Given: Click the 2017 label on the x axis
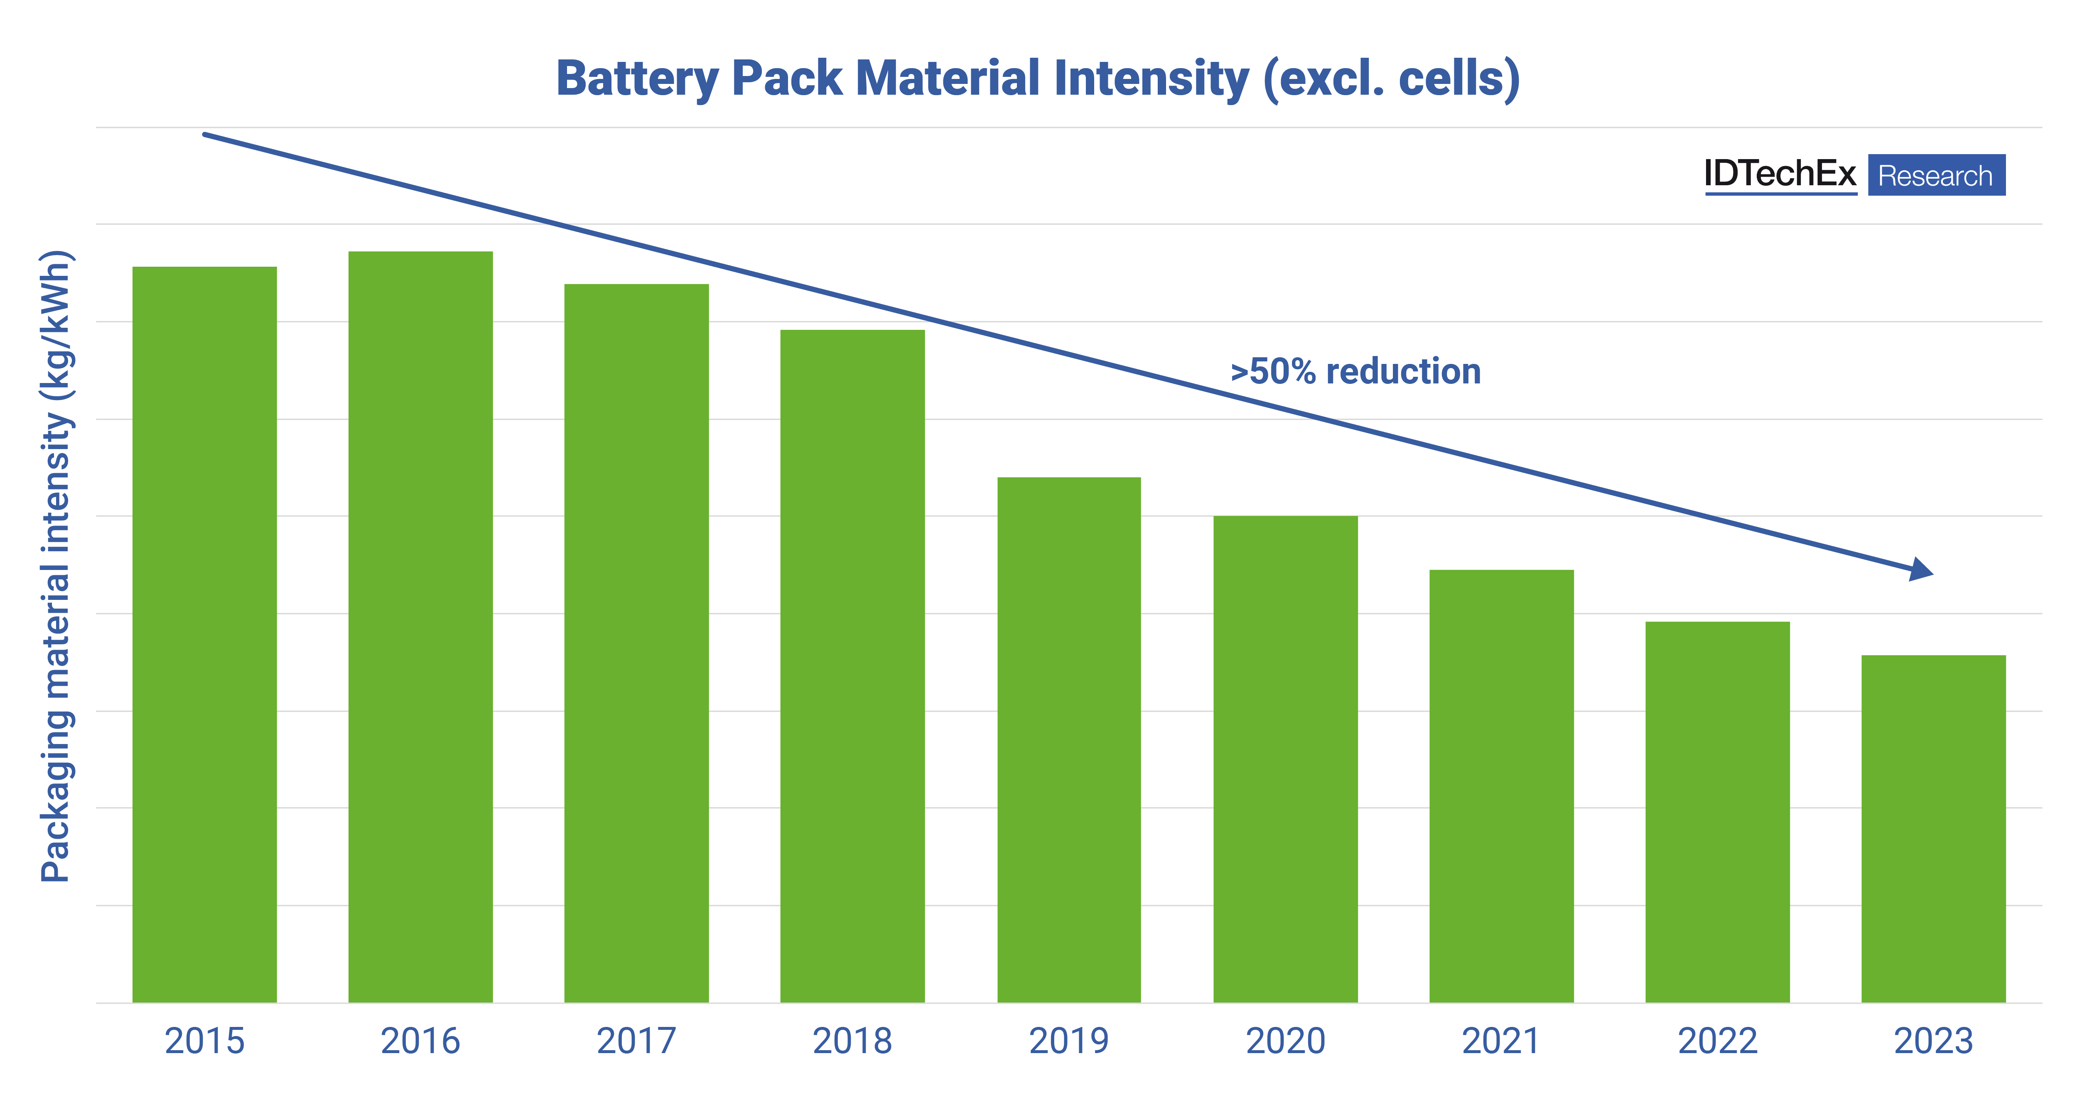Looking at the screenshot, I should tap(636, 1041).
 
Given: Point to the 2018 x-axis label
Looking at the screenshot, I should tap(852, 1041).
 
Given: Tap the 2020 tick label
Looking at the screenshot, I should tap(1285, 1041).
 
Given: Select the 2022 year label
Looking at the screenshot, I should tap(1717, 1041).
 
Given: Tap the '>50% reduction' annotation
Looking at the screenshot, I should tap(1355, 372).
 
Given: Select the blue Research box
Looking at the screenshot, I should tap(1936, 175).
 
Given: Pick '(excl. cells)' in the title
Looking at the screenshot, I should tap(1391, 79).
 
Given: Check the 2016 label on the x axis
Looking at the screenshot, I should tap(420, 1041).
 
